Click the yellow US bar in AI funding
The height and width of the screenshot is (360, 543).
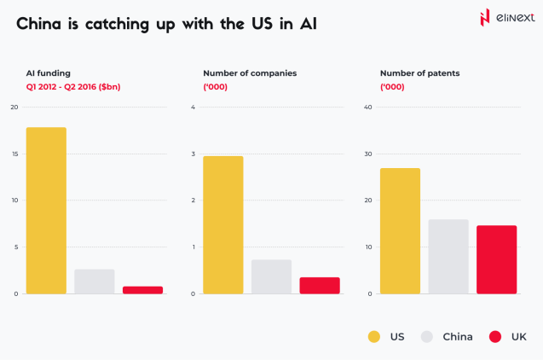tap(46, 211)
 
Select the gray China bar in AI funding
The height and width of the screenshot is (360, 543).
tap(95, 282)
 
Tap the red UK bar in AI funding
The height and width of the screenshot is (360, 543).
tap(142, 290)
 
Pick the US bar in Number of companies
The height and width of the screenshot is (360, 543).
tap(223, 225)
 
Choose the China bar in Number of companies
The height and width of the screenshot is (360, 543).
tap(271, 276)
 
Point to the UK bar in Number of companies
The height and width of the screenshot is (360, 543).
tap(320, 285)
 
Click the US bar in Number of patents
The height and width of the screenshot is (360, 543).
tap(400, 231)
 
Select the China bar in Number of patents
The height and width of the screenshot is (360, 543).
tap(448, 257)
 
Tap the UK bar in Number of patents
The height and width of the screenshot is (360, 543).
tap(496, 259)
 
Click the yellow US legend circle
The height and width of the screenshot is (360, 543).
tap(374, 337)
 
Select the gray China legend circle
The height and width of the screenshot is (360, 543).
tap(428, 337)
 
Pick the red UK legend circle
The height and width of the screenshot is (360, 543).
tap(495, 337)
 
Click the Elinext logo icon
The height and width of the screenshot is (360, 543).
tap(485, 18)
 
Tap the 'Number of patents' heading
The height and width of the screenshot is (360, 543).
tap(419, 73)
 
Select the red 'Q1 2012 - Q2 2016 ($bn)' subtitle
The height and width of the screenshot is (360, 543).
tap(76, 87)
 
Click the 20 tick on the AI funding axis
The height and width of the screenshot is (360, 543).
tap(14, 107)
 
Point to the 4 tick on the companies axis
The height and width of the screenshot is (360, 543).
tap(194, 107)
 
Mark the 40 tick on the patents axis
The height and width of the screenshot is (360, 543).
tap(368, 107)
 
